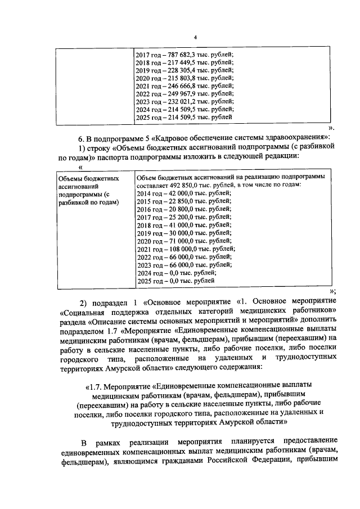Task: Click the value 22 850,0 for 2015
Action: (182, 201)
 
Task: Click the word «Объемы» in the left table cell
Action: (71, 178)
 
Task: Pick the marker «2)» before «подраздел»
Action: (83, 300)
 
